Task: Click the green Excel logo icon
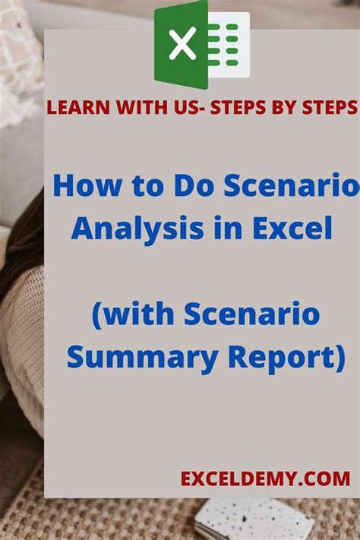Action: tap(201, 44)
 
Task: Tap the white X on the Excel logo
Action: tap(182, 44)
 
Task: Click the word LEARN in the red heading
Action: tap(72, 108)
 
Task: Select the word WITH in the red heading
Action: tap(125, 108)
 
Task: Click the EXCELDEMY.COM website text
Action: tap(265, 479)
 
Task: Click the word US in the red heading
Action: tap(166, 108)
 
